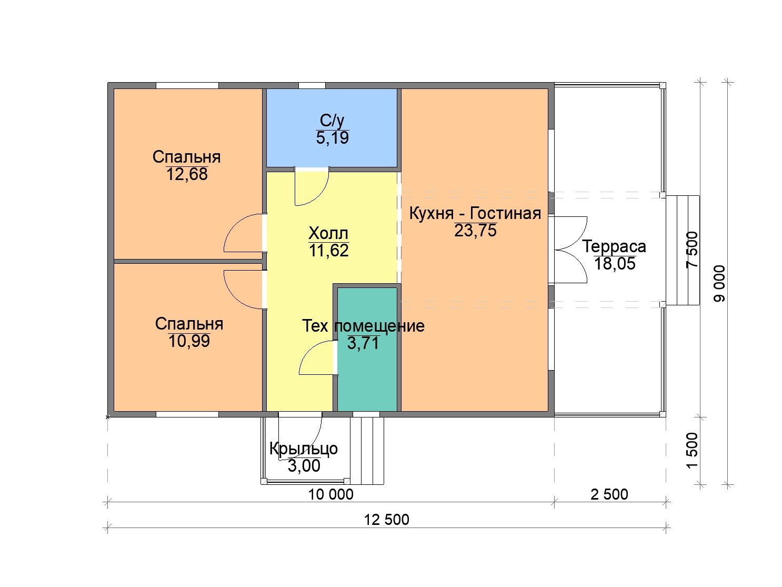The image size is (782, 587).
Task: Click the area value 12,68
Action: (x=187, y=174)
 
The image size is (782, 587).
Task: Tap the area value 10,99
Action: (x=189, y=341)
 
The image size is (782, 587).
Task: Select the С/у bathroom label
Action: (x=332, y=121)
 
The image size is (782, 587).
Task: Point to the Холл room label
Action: (x=328, y=233)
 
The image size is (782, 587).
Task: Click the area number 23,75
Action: (x=475, y=230)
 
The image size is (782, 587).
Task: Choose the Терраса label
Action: (x=614, y=246)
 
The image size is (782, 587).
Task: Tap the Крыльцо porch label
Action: (x=304, y=449)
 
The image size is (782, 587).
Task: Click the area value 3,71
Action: (x=363, y=343)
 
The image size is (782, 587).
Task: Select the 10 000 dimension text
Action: (x=330, y=494)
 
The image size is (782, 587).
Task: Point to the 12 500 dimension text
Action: (x=387, y=520)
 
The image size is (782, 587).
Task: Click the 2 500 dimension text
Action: (x=609, y=494)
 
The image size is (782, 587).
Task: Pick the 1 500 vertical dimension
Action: (x=693, y=451)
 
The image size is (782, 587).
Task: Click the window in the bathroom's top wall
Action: (x=312, y=85)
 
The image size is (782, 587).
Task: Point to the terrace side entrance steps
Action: (x=683, y=250)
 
